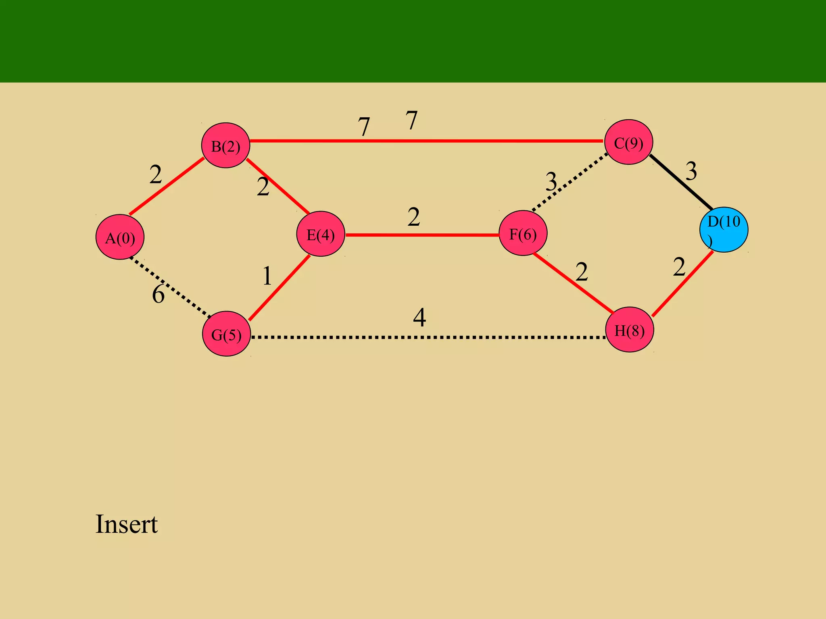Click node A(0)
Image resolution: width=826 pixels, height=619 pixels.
pyautogui.click(x=120, y=237)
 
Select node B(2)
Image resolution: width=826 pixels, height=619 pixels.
pyautogui.click(x=225, y=145)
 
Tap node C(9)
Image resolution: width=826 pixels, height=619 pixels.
pyautogui.click(x=628, y=142)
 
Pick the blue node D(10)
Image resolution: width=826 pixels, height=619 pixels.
pyautogui.click(x=724, y=230)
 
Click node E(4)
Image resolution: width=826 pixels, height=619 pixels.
pyautogui.click(x=321, y=234)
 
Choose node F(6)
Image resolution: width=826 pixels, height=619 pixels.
pyautogui.click(x=523, y=233)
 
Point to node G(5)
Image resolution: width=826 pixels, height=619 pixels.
pyautogui.click(x=226, y=334)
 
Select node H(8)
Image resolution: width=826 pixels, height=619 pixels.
pyautogui.click(x=629, y=330)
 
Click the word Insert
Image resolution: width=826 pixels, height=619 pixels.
pyautogui.click(x=126, y=524)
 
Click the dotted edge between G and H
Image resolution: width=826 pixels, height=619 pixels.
pyautogui.click(x=428, y=337)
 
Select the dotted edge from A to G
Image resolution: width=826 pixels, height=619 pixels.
pyautogui.click(x=169, y=287)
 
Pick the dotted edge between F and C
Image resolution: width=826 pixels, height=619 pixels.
pyautogui.click(x=569, y=182)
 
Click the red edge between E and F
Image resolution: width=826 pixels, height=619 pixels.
pyautogui.click(x=422, y=235)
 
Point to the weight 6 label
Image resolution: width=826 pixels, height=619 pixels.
pyautogui.click(x=158, y=294)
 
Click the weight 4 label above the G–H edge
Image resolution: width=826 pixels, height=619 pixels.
pyautogui.click(x=419, y=318)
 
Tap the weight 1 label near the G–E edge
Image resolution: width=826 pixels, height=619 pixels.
pyautogui.click(x=267, y=276)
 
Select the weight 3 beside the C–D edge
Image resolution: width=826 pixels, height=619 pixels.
pyautogui.click(x=691, y=171)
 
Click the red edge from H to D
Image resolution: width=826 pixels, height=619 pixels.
pyautogui.click(x=682, y=284)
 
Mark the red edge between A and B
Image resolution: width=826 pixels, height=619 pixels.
pyautogui.click(x=166, y=186)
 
